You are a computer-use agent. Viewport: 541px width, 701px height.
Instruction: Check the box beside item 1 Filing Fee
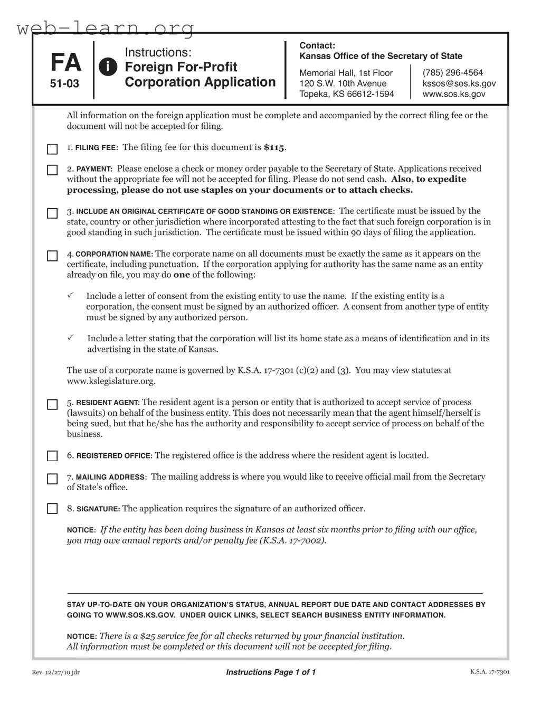52,149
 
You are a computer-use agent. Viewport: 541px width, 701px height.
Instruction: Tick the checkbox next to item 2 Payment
52,170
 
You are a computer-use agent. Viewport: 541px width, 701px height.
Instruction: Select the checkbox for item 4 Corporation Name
52,256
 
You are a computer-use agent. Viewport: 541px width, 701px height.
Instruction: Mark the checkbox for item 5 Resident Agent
52,405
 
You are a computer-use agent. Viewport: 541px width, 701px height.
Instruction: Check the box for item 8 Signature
52,509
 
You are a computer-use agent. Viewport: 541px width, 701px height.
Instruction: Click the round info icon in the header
108,67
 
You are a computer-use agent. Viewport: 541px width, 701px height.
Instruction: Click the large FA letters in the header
65,63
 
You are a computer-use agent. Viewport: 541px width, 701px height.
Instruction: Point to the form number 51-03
64,83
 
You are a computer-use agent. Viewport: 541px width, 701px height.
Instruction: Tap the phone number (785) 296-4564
452,73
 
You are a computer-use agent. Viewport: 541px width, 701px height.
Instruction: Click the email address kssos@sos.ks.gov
459,83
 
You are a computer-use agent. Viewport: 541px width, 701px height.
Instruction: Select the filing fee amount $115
274,148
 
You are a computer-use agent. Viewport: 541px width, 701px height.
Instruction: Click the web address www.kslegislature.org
111,381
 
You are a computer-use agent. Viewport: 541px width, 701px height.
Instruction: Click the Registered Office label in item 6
115,456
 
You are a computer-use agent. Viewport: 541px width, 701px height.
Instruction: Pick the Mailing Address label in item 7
111,477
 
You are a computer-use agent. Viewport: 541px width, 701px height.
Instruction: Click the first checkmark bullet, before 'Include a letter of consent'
70,295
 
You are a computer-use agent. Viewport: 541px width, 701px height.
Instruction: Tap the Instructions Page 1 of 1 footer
271,672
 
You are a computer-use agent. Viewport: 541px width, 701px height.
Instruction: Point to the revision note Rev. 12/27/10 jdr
56,672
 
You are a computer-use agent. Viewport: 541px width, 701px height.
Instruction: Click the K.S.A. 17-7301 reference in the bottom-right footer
489,672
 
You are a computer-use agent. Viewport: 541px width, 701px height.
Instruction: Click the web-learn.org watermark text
106,27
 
